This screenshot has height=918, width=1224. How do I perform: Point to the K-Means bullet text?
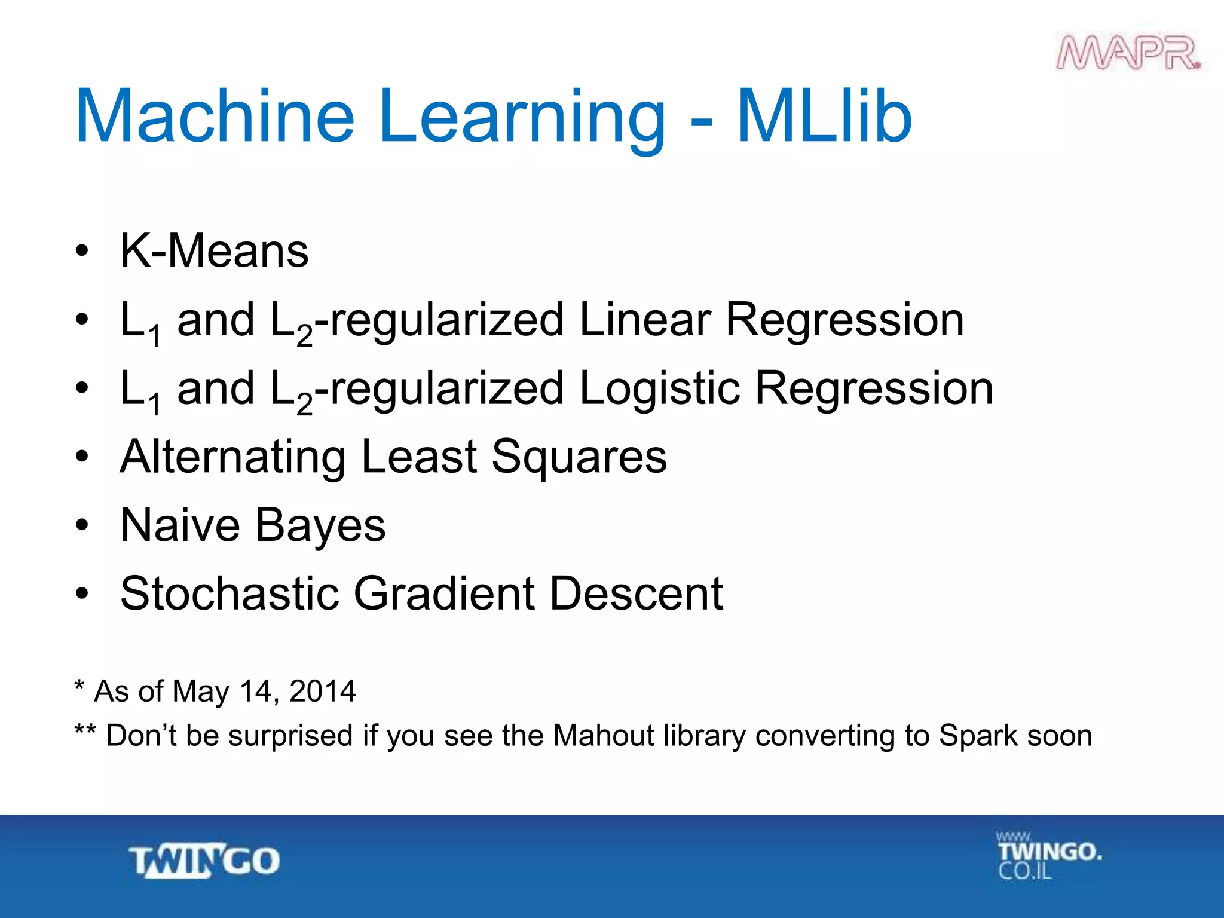tap(214, 251)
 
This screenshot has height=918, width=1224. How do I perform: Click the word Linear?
tap(644, 320)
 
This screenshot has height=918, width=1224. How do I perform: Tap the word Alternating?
tap(232, 458)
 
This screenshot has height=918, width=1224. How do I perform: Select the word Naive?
tap(180, 525)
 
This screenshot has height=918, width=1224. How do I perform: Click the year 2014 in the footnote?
tap(322, 691)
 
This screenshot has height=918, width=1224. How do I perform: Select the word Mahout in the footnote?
tap(603, 736)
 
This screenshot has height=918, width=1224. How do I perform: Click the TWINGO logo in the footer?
tap(204, 861)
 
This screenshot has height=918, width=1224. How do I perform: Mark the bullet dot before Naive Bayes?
tap(82, 525)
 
